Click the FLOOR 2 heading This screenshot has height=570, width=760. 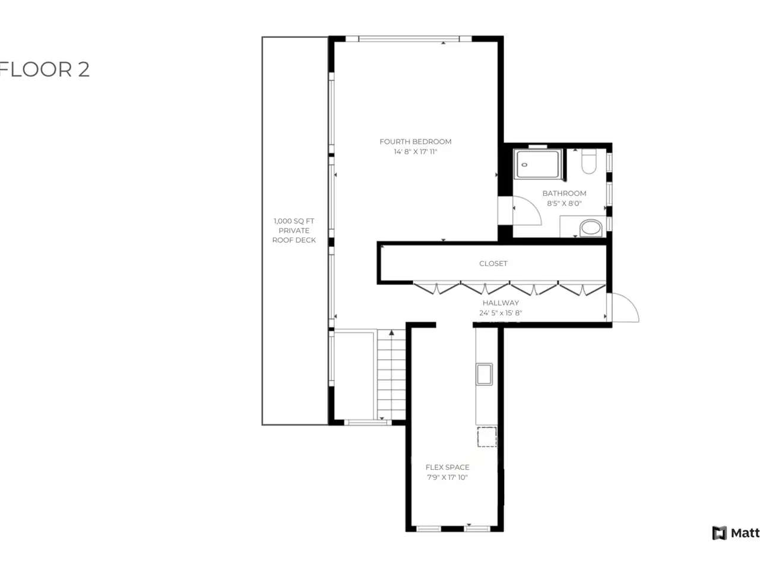[45, 69]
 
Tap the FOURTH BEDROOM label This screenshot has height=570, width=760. [415, 141]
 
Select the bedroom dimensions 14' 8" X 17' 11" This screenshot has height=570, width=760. [415, 151]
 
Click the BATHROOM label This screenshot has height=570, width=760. [564, 193]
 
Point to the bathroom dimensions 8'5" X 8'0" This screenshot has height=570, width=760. [564, 203]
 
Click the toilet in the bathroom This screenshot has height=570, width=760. [588, 161]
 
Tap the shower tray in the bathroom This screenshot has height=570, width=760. [537, 164]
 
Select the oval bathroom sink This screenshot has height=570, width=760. [591, 228]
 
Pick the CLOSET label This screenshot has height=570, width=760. [493, 264]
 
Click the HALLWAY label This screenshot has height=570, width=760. [501, 303]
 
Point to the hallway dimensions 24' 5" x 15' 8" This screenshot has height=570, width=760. [501, 313]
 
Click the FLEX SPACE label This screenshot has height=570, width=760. [447, 467]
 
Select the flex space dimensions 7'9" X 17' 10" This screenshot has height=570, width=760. [447, 477]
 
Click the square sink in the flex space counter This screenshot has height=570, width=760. [484, 374]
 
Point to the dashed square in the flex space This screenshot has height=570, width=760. [487, 437]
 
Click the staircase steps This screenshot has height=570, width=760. [391, 375]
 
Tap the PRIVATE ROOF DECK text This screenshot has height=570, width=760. [294, 235]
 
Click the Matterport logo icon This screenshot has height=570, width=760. [719, 533]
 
